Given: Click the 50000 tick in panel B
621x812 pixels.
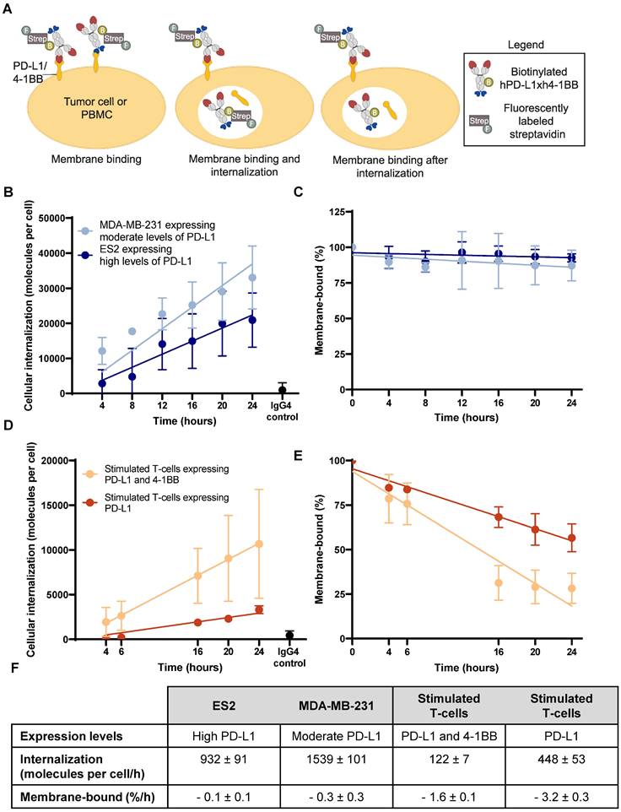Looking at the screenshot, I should [x=57, y=218].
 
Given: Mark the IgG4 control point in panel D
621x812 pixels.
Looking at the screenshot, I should [x=290, y=635].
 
